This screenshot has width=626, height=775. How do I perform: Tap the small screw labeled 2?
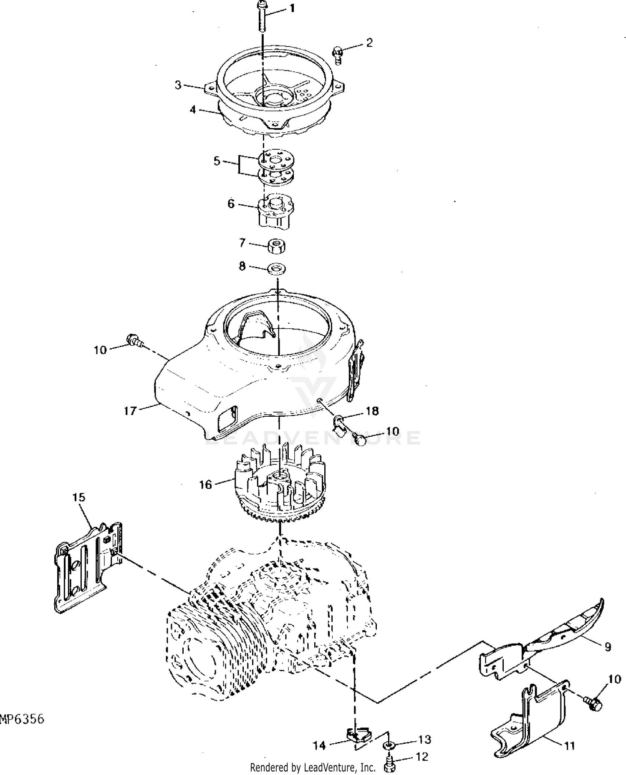click(337, 55)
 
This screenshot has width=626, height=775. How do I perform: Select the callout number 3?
click(178, 85)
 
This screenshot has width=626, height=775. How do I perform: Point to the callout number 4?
click(192, 110)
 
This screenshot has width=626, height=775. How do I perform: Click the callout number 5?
click(217, 161)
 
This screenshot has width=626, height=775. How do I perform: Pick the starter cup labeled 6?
click(275, 211)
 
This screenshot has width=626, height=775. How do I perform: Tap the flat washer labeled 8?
click(276, 268)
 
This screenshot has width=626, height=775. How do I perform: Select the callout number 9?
click(608, 647)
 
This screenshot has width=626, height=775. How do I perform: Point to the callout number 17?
click(130, 411)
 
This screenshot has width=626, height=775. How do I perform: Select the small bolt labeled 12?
click(389, 765)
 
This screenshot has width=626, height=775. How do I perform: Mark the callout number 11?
click(570, 745)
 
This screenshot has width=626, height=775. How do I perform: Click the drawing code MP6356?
click(22, 720)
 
